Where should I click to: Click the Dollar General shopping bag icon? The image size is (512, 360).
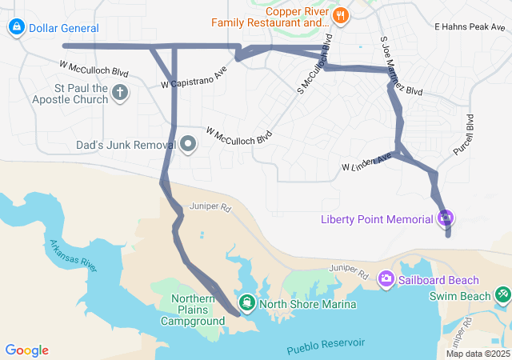point(15,28)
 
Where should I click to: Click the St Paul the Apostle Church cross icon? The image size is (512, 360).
point(120,93)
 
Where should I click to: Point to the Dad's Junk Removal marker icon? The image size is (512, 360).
point(188,145)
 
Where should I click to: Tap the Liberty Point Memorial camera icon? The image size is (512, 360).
point(446,218)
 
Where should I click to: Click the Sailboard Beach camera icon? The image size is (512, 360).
point(386,279)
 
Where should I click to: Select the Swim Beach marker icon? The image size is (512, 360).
point(502,296)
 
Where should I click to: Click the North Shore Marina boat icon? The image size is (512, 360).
point(247,302)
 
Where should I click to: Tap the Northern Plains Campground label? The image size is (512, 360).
point(193,310)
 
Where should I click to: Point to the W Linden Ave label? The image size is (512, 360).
point(366,162)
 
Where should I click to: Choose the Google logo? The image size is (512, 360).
point(26,350)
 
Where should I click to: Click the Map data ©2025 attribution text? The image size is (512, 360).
point(477,354)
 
